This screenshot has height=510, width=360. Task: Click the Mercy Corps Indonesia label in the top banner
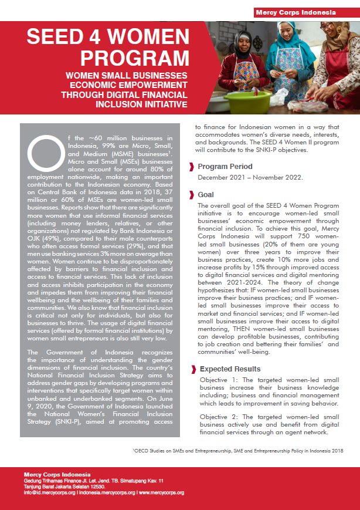304,12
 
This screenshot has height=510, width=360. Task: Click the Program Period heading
225,166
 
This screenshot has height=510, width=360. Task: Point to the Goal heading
206,194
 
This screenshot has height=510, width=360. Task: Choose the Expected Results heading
230,369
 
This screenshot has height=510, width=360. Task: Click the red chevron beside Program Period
192,167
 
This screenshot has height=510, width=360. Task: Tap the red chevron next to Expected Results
192,369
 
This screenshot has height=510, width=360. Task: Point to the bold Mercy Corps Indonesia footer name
57,474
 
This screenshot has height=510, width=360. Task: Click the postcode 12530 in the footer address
95,487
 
